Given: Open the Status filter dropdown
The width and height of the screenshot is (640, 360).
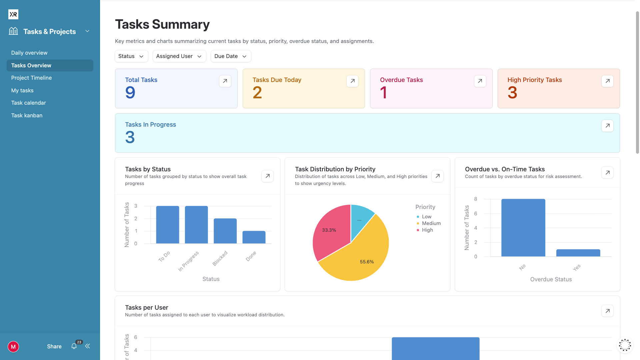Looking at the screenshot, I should [131, 56].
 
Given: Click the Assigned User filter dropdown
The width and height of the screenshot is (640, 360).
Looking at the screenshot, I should [179, 56].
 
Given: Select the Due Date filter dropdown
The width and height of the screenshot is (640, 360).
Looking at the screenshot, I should [231, 56].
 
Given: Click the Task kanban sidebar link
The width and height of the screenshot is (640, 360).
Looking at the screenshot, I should [27, 115].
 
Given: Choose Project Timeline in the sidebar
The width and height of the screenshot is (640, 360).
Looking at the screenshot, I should [31, 78].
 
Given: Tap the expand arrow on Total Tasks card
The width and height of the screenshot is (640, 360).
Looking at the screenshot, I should [225, 81].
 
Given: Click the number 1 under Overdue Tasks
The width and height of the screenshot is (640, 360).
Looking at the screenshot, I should [383, 93].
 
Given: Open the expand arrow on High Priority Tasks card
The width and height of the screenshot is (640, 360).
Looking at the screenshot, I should [607, 81].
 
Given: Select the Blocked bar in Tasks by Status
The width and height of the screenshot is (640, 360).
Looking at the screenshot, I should [225, 231].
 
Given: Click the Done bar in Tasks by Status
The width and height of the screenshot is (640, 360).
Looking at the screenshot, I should [254, 237].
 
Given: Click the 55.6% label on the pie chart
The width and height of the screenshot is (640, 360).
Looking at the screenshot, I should [367, 262].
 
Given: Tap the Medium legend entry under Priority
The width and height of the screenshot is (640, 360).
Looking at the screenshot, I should [431, 223].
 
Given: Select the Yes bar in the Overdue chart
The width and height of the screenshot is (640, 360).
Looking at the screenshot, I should [578, 253].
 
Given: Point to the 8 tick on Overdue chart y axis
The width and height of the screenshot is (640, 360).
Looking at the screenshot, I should [476, 199].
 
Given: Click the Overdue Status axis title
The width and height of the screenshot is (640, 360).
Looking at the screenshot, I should [551, 279].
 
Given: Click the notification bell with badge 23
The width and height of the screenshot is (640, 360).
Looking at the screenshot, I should [74, 346].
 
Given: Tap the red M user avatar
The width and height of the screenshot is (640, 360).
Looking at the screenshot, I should [13, 347].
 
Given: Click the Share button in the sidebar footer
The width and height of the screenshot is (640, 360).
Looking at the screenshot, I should [54, 346].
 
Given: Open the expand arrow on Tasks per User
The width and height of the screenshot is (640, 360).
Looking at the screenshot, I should [607, 311].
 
